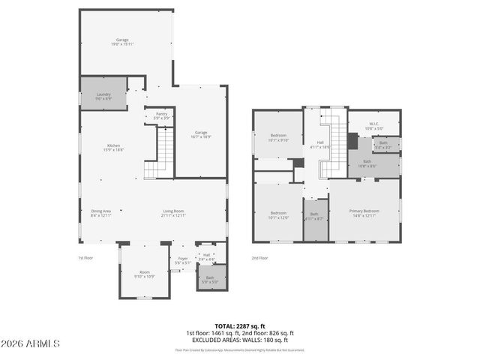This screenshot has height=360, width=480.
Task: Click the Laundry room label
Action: pos(103,97)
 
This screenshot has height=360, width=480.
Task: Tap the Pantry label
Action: pos(161,115)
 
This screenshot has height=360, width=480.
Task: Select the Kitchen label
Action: pos(114,148)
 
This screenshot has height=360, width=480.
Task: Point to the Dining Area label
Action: pos(101,213)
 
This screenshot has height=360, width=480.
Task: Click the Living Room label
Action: pos(173,213)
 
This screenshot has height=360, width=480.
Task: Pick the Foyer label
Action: pos(182,261)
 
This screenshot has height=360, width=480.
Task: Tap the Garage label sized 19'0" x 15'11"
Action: pos(122,42)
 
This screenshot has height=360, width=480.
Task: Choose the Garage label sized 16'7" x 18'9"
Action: pos(201,134)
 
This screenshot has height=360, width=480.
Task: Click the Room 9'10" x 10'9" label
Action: pos(145,274)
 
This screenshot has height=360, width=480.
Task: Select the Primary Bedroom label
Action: pos(364,213)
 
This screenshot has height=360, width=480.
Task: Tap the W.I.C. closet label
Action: pos(373,126)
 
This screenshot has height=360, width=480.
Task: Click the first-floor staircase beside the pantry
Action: pos(159,154)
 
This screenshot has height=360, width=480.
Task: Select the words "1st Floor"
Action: pos(85,258)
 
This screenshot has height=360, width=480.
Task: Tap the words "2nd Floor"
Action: pos(259,258)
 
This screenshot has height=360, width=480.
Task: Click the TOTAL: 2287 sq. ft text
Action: pos(240,326)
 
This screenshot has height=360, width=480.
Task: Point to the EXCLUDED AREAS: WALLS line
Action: pos(240,340)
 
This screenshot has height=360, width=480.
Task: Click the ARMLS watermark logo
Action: pos(31,343)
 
